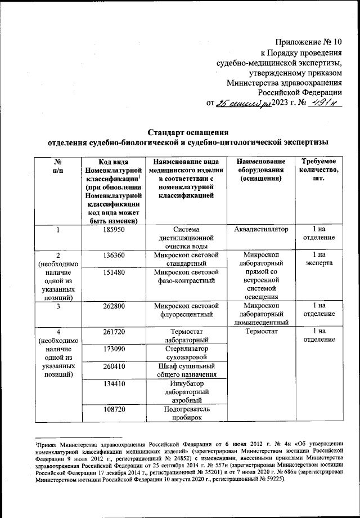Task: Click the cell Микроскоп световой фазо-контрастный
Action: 186,277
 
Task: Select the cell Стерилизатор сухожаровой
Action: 186,352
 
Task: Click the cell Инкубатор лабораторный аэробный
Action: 186,392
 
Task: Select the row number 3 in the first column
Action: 58,306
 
